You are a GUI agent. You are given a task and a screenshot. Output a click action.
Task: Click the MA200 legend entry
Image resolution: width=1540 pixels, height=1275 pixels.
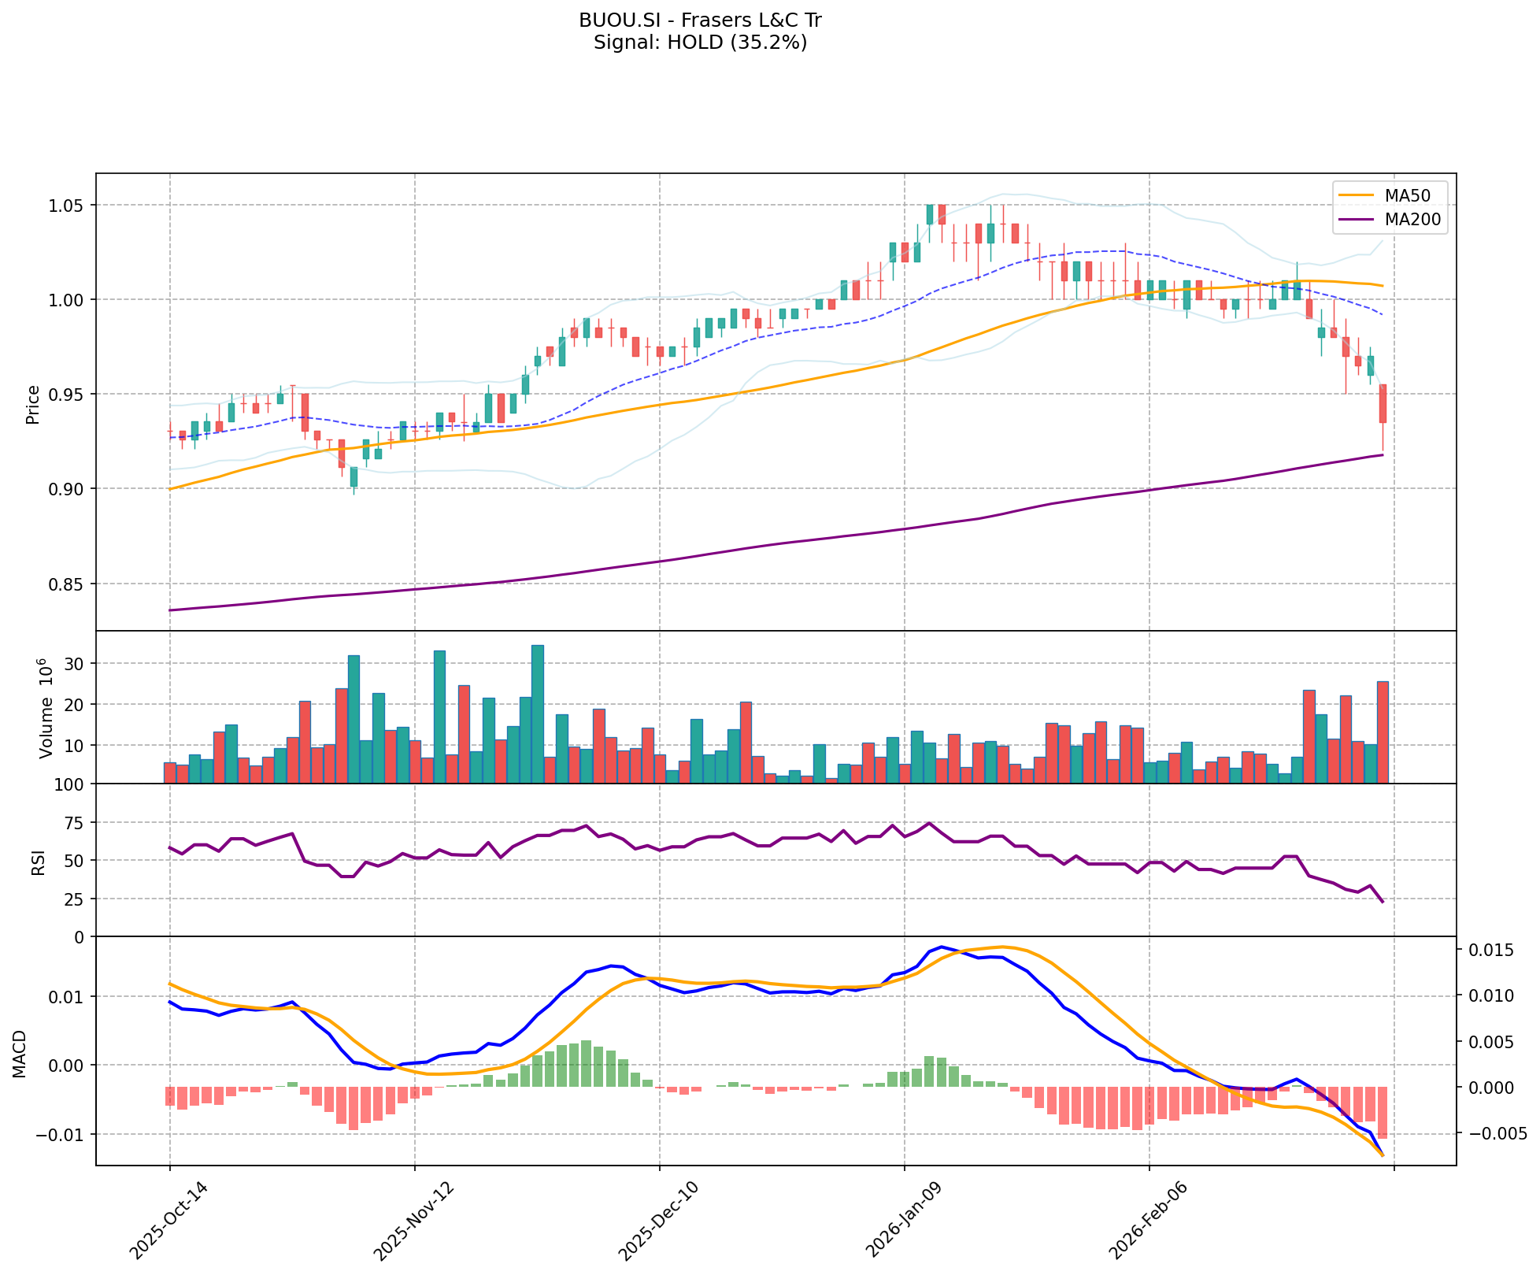pyautogui.click(x=1412, y=220)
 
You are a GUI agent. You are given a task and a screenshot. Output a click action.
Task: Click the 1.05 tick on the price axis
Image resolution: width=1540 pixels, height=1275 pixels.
pyautogui.click(x=69, y=206)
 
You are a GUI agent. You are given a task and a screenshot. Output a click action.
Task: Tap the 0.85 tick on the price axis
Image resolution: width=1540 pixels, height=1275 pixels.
pyautogui.click(x=69, y=584)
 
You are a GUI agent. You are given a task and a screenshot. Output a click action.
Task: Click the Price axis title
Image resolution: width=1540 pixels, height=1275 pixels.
pyautogui.click(x=33, y=404)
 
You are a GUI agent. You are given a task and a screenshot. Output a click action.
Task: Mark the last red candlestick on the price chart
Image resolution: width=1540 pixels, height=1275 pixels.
pyautogui.click(x=1383, y=403)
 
